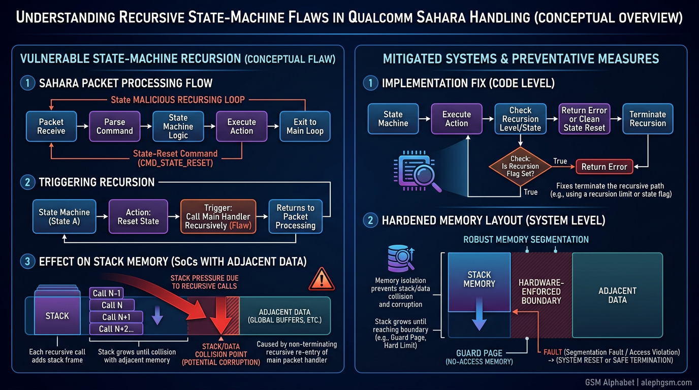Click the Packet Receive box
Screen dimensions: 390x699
point(51,126)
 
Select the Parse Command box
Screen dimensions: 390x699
point(114,126)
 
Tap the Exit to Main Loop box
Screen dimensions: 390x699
point(305,126)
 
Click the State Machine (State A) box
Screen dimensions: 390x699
point(64,217)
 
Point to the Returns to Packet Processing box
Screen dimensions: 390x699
point(295,217)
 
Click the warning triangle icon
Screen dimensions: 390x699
point(321,279)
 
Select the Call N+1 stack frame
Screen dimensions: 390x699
point(116,317)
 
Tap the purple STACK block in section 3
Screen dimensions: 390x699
point(57,315)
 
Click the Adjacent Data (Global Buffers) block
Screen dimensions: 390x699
point(284,315)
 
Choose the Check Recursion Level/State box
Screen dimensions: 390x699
point(520,119)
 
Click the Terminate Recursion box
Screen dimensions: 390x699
point(647,119)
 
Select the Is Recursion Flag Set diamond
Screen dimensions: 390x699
point(520,166)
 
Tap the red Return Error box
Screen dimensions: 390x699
point(604,167)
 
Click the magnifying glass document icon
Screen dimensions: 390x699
point(417,173)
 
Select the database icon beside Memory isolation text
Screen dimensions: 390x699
point(400,258)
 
